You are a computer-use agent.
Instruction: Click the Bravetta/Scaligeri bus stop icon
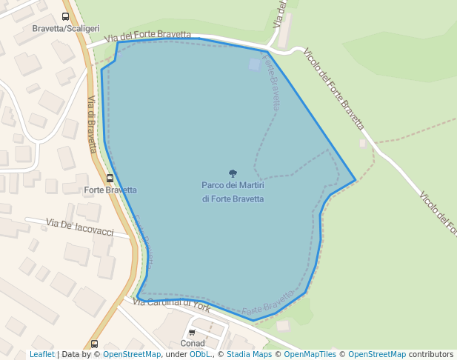66,16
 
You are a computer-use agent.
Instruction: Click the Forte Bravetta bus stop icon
110,178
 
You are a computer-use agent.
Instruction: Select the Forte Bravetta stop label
110,190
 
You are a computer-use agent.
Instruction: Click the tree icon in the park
233,173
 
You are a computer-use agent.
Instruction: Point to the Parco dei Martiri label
233,184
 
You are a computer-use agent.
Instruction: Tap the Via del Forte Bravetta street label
148,36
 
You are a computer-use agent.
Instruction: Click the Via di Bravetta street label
92,124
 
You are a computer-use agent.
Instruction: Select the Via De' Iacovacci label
80,227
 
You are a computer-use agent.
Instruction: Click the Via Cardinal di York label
172,304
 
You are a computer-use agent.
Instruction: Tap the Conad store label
193,344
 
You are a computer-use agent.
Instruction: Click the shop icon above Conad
193,333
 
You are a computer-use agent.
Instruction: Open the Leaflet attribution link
41,355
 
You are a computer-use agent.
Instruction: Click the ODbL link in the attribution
200,355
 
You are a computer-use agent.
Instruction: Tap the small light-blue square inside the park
255,65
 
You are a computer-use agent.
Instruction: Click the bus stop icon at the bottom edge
94,344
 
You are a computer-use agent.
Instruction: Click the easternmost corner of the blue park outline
356,180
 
